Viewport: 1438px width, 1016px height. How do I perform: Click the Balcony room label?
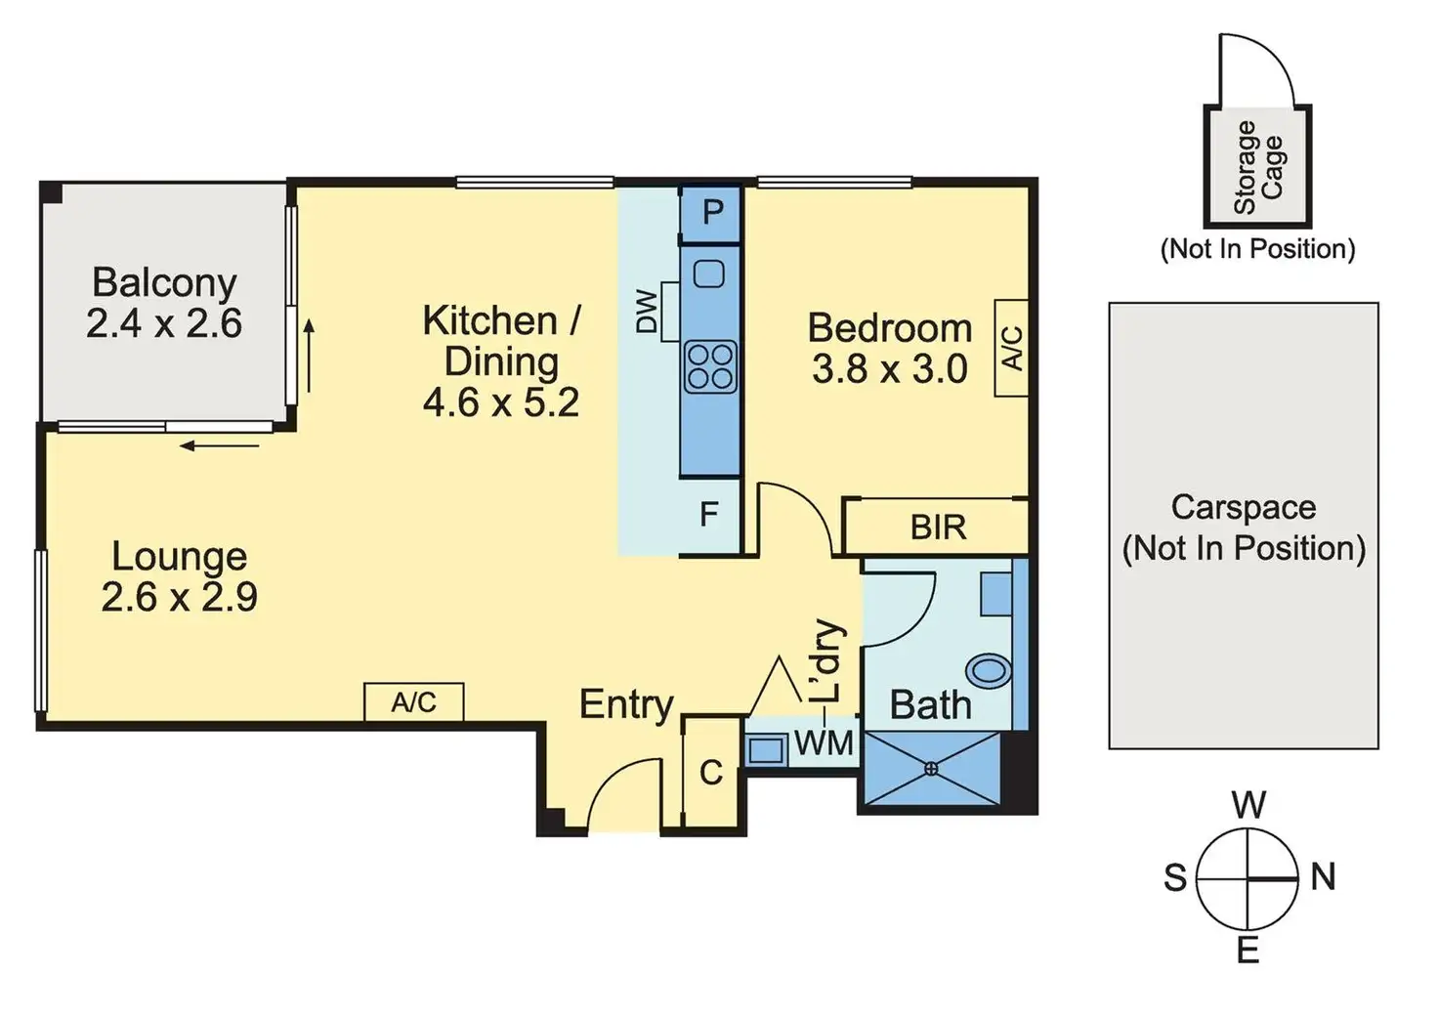(x=164, y=282)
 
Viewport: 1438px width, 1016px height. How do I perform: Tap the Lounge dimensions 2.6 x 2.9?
(x=179, y=597)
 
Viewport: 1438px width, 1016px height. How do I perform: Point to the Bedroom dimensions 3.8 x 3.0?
(x=889, y=369)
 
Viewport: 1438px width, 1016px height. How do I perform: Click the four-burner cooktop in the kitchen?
(x=710, y=367)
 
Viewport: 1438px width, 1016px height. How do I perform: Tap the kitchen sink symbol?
(x=709, y=274)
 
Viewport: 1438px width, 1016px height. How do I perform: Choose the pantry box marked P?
(x=712, y=212)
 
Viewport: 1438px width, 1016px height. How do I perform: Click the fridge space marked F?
(x=709, y=514)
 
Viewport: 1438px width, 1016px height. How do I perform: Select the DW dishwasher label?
(x=647, y=312)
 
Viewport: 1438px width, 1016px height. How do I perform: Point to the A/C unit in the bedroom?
(x=1012, y=348)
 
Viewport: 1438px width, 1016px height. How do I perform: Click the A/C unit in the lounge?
(x=413, y=702)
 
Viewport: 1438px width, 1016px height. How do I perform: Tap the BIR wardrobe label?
(x=938, y=528)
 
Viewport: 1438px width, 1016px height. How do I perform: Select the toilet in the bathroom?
(x=989, y=671)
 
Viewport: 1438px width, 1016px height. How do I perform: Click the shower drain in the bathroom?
(x=930, y=769)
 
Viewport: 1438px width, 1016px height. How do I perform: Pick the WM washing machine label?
(x=824, y=743)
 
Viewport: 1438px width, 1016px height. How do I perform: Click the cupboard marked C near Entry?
(x=710, y=773)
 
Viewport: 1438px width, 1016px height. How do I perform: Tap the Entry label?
(x=626, y=704)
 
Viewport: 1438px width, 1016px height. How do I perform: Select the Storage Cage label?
(x=1258, y=167)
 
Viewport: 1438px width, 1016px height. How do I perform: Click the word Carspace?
(x=1243, y=507)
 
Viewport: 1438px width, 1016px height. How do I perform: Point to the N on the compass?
(x=1323, y=877)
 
